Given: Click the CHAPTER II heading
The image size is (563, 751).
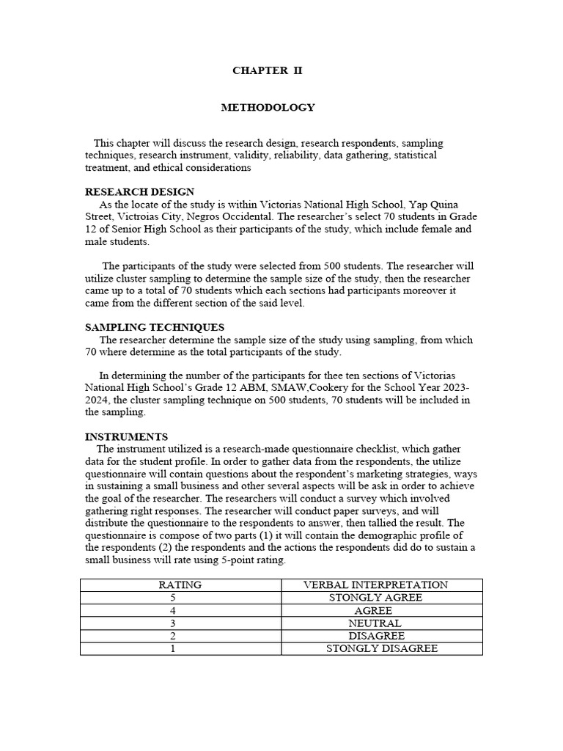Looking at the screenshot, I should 267,71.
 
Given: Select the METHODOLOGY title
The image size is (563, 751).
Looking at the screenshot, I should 268,107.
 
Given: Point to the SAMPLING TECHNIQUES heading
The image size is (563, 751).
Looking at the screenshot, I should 155,327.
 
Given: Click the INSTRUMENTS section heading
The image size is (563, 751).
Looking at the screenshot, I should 126,436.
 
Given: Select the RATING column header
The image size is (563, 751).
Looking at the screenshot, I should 180,585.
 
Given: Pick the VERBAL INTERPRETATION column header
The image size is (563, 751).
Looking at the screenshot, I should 375,585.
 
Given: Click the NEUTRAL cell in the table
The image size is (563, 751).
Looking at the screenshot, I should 375,623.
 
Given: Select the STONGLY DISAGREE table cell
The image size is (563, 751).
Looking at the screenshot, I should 381,648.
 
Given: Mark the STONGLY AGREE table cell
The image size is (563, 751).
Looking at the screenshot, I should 375,598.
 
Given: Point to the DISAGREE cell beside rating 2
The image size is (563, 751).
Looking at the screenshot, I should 376,636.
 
